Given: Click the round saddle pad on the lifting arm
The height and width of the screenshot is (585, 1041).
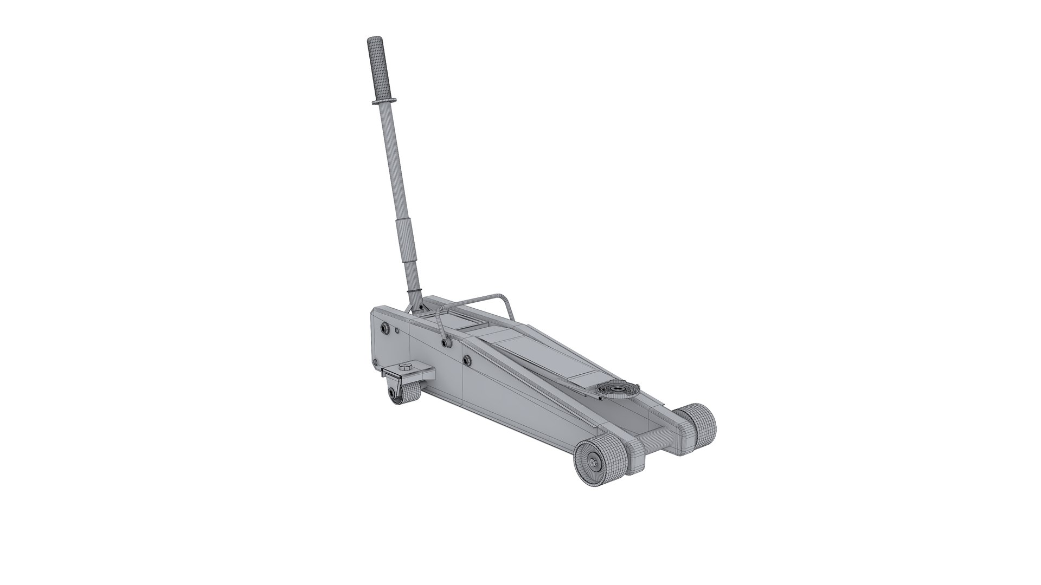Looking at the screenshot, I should coord(618,388).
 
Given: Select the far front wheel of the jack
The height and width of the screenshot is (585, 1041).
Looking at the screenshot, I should coord(696,424).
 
